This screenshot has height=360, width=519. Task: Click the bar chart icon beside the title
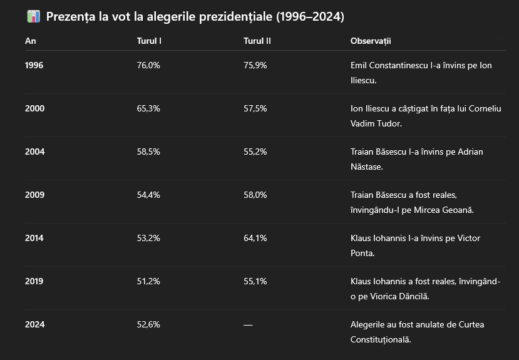pos(33,17)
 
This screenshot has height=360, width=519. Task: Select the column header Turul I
pos(150,41)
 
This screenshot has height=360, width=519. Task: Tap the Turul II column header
pos(257,41)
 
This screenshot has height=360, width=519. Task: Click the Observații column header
pos(371,41)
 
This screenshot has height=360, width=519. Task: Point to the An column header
pos(30,41)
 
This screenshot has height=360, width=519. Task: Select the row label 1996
pos(34,65)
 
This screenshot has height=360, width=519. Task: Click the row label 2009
pos(34,195)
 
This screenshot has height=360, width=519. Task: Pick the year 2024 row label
pos(34,324)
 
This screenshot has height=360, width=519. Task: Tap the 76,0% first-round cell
pos(148,65)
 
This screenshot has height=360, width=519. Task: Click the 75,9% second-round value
pos(255,65)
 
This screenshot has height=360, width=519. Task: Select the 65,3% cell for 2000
pos(148,108)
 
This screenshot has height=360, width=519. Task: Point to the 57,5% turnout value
pos(255,108)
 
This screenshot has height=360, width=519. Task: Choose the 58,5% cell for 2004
pos(148,152)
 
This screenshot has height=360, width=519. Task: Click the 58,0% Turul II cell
pos(255,195)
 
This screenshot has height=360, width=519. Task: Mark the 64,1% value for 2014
pos(255,238)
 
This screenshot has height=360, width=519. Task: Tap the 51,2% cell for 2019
pos(148,281)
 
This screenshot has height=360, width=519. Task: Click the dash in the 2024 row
pos(248,324)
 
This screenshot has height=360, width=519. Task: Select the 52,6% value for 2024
pos(148,324)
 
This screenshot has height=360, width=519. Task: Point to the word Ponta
pos(362,254)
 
